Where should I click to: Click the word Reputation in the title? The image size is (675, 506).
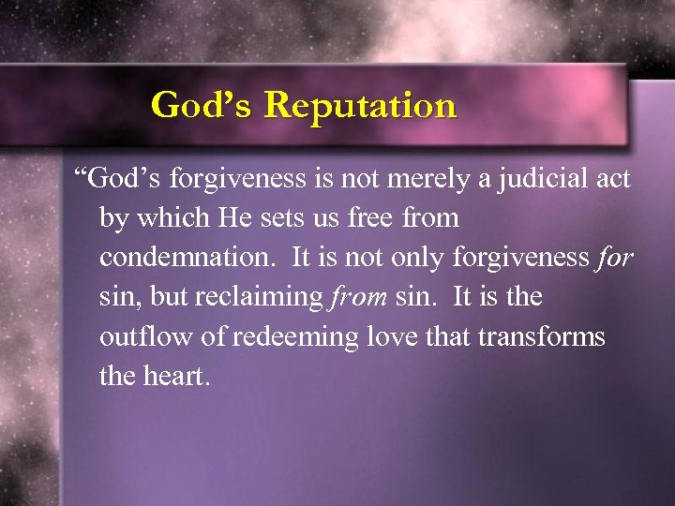point(360,106)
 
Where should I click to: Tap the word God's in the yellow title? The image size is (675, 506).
point(202,104)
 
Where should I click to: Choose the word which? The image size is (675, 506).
point(172,218)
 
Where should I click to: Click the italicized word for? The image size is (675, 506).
point(614,258)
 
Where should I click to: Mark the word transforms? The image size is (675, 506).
point(547,336)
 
